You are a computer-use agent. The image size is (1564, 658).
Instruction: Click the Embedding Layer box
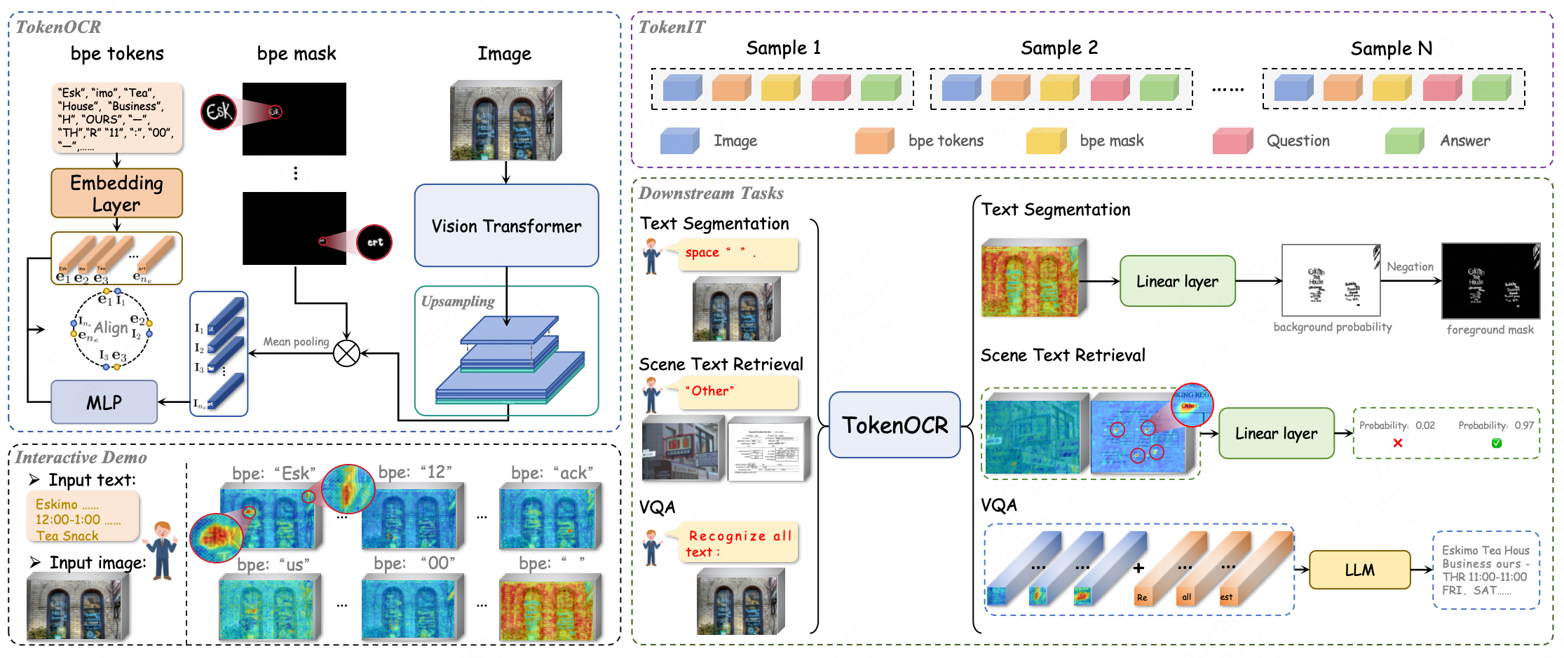coord(116,193)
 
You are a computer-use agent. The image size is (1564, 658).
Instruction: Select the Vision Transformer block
coord(506,226)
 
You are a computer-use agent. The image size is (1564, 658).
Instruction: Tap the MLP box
coord(104,402)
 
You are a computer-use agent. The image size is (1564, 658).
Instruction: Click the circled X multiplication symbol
coord(346,353)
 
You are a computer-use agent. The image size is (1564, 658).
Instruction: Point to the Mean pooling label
coord(296,341)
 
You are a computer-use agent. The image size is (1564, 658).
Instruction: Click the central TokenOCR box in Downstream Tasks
coord(895,425)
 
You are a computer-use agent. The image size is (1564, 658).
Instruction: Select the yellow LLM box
coord(1359,570)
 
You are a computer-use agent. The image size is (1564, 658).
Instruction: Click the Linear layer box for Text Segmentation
coord(1177,281)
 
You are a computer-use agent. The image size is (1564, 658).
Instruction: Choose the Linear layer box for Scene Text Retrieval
coord(1276,433)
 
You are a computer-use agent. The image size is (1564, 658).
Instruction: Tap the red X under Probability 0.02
coord(1398,443)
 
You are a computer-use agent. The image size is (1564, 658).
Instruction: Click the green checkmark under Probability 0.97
coord(1497,443)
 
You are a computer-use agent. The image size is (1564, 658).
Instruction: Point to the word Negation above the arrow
coord(1410,266)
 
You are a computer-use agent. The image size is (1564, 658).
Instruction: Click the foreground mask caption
coord(1490,329)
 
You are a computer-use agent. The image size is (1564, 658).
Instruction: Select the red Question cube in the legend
coord(1232,141)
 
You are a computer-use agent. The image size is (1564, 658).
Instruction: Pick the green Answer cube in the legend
coord(1404,141)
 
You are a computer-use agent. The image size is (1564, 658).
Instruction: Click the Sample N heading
coord(1391,48)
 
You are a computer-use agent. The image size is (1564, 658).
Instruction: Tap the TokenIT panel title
coord(672,27)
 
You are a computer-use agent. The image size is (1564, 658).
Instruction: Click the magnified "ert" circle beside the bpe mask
coord(374,242)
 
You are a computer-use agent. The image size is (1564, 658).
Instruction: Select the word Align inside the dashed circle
coord(111,327)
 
